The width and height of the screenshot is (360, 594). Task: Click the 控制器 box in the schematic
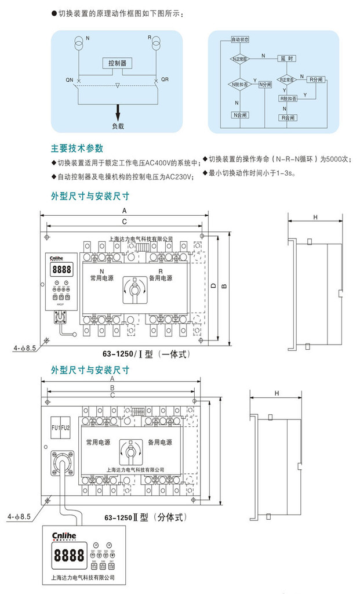(117, 63)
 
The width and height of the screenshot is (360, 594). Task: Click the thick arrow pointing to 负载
(118, 110)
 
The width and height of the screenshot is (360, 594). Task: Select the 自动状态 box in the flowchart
(239, 40)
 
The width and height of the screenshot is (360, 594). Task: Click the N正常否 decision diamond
(239, 59)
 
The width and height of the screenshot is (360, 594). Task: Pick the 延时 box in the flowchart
(287, 59)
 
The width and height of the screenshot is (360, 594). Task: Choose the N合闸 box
(239, 114)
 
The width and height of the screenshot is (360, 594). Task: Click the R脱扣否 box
(288, 99)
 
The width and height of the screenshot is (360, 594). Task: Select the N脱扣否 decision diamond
(239, 84)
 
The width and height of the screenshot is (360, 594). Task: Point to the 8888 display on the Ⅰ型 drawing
(61, 270)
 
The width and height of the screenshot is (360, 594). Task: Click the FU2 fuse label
(66, 427)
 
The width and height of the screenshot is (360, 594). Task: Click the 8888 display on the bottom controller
(68, 556)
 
